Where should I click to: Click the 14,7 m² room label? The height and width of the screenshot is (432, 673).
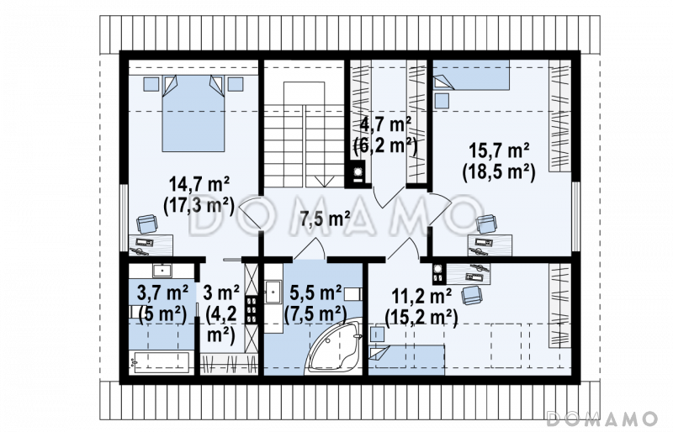click(199, 184)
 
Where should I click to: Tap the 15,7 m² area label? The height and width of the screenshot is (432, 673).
click(499, 150)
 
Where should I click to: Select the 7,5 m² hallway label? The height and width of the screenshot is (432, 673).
click(325, 218)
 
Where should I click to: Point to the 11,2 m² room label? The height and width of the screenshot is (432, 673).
click(421, 296)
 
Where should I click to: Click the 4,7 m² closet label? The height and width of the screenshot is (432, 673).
click(385, 125)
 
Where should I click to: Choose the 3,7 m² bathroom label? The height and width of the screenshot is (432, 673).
click(162, 293)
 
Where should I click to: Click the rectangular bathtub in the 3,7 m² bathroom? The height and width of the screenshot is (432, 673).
click(162, 361)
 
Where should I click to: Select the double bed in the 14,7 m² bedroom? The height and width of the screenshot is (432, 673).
click(193, 113)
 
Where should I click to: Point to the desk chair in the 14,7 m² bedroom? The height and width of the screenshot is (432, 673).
click(146, 224)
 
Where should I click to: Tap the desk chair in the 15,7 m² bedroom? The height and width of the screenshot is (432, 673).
click(487, 224)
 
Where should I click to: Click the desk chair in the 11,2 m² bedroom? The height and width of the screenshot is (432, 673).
click(472, 295)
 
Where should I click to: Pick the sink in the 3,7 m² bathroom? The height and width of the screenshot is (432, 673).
click(162, 271)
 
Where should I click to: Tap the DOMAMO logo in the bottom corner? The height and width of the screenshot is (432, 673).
click(602, 418)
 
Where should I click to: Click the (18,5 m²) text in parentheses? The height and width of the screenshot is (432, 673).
click(499, 172)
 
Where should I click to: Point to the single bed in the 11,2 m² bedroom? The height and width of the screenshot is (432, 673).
click(406, 361)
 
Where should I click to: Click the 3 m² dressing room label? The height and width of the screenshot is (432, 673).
click(221, 293)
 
